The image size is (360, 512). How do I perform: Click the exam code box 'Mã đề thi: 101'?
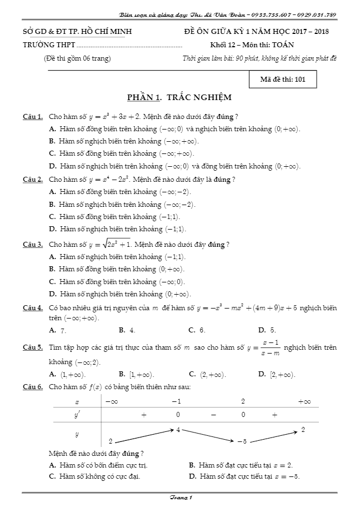[283, 79]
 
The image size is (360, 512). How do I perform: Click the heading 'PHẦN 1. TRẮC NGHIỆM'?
[179, 97]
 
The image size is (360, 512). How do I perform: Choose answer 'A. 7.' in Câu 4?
[58, 330]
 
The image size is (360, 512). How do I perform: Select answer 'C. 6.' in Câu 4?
[197, 330]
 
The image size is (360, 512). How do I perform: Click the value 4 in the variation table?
[178, 429]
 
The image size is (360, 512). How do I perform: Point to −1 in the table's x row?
[176, 401]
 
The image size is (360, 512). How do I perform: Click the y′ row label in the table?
[77, 415]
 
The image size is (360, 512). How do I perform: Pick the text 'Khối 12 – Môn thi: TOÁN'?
[252, 44]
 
